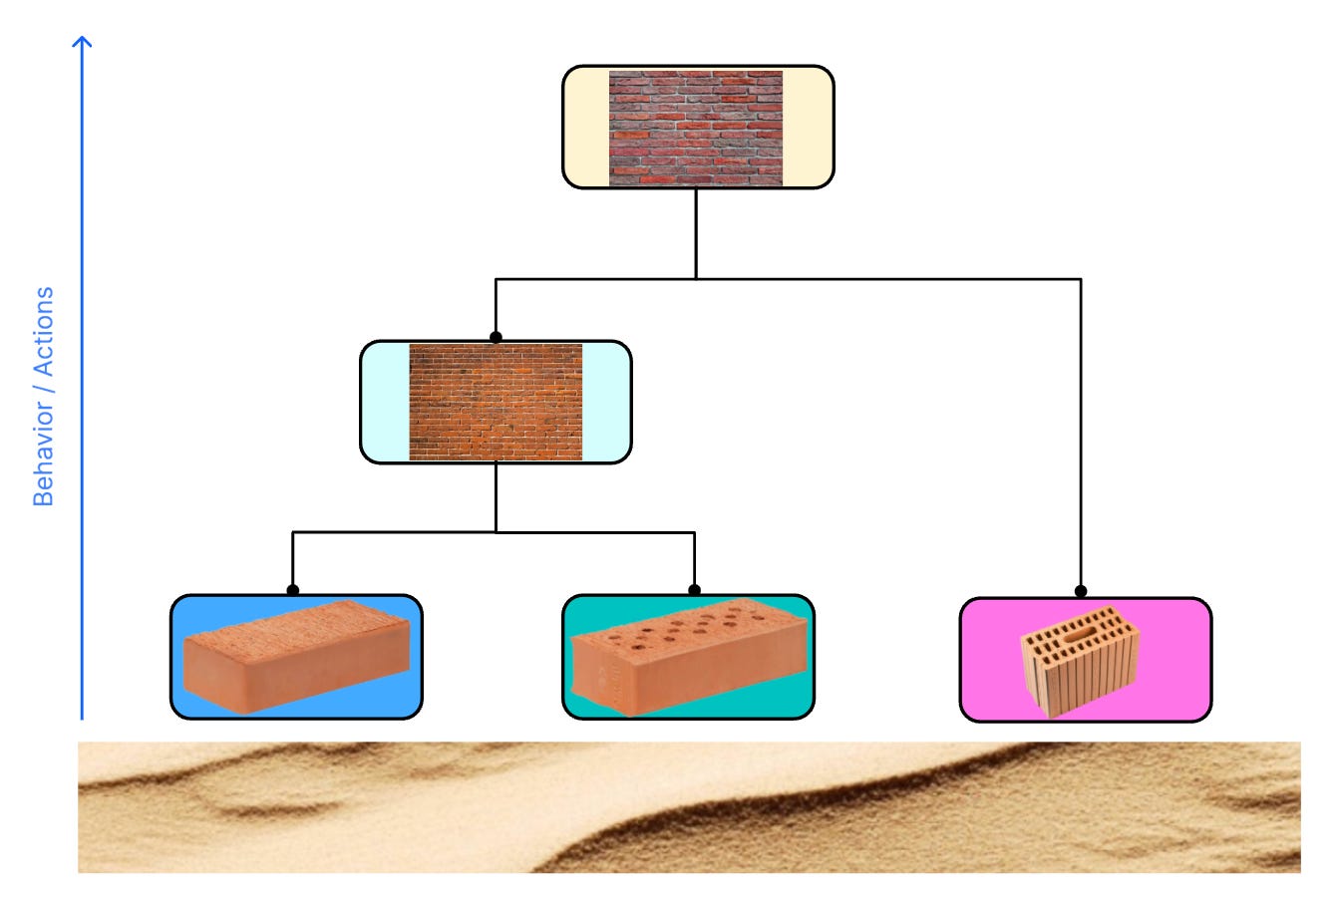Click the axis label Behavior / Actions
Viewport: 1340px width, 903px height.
click(x=44, y=397)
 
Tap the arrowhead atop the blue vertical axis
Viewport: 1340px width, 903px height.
click(x=83, y=42)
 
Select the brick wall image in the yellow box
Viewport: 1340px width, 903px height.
click(x=696, y=128)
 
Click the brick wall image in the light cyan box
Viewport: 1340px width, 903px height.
click(x=496, y=403)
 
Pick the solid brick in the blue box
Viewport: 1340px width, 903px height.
click(x=297, y=657)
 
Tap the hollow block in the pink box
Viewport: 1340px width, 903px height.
click(x=1081, y=660)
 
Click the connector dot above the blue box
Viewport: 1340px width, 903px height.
click(x=293, y=590)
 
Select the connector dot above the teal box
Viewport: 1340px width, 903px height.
click(x=695, y=590)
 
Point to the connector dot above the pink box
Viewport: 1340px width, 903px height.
click(x=1081, y=591)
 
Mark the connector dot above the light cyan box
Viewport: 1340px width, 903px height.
click(x=496, y=337)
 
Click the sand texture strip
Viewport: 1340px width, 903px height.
click(x=689, y=807)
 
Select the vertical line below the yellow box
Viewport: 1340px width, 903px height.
click(x=696, y=233)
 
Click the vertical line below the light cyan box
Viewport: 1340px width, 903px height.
click(x=496, y=497)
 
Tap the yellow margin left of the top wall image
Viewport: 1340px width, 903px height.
click(x=586, y=128)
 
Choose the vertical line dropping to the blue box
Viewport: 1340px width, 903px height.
click(x=293, y=560)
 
